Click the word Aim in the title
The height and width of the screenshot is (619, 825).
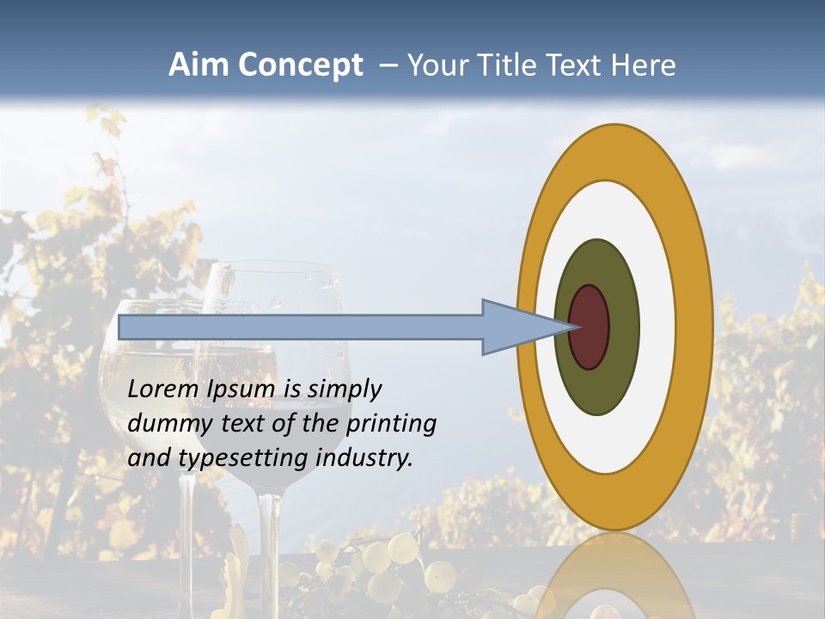[199, 65]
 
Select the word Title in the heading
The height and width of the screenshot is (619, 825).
[510, 65]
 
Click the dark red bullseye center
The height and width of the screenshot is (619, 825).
[590, 327]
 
